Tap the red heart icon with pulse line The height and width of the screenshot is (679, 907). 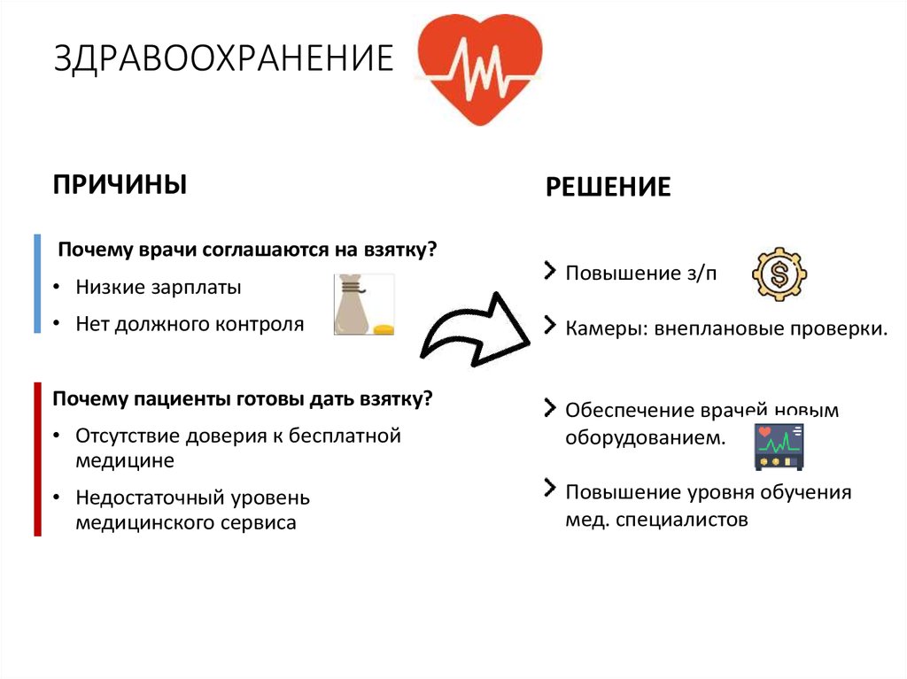coord(479,69)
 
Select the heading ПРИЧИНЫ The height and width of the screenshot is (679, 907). coord(120,184)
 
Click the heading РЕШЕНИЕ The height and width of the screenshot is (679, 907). coord(608,187)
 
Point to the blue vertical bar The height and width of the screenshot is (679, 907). coord(37,283)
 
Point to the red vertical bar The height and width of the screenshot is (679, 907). coord(37,459)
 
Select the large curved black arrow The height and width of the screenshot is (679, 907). coord(476,327)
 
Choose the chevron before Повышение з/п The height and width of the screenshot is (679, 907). coord(551,269)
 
